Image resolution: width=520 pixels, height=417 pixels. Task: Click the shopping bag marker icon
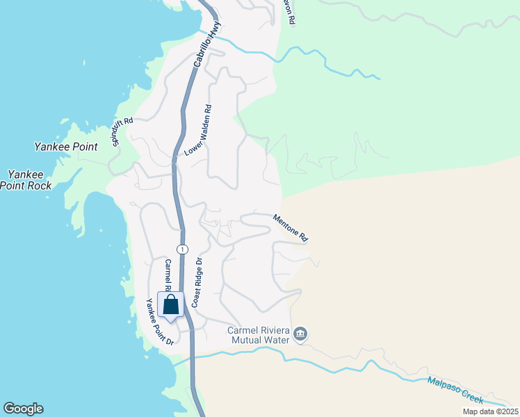click(171, 306)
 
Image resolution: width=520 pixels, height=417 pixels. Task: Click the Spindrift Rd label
click(122, 132)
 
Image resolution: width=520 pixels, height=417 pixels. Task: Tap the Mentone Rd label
click(291, 227)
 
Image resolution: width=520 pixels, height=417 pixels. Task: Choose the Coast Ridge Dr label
click(197, 283)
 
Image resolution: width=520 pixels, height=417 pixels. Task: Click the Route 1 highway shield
click(182, 249)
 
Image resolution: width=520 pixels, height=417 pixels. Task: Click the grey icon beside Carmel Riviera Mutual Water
click(300, 335)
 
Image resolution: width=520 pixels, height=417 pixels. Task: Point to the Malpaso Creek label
click(455, 390)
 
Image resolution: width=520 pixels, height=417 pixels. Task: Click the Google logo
click(23, 409)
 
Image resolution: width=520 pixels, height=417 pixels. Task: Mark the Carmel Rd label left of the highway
click(168, 275)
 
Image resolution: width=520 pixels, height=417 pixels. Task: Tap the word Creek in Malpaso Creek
click(471, 395)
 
